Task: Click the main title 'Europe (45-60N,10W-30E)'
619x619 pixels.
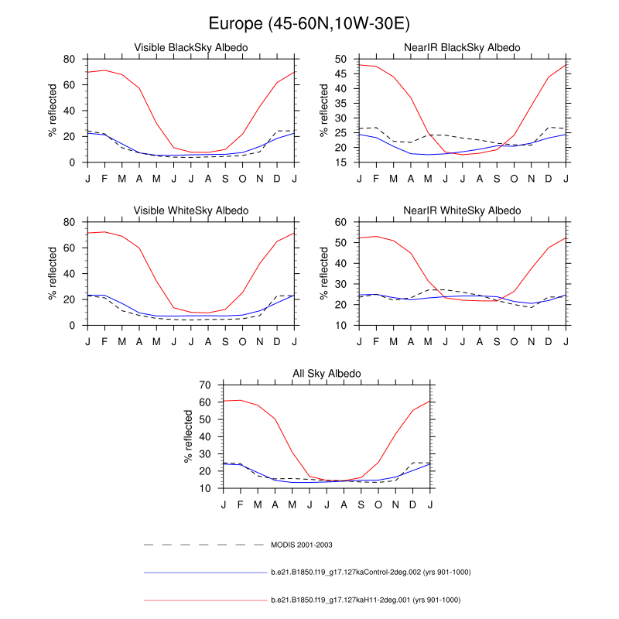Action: click(x=309, y=24)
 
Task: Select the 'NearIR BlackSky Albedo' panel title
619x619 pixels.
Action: click(x=463, y=48)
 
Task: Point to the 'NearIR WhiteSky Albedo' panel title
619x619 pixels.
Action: click(x=463, y=210)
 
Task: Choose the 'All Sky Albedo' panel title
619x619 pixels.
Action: click(x=327, y=374)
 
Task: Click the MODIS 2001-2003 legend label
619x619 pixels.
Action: click(x=302, y=545)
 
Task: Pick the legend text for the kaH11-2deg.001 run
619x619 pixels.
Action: click(x=365, y=600)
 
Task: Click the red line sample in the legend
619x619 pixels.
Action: click(x=205, y=600)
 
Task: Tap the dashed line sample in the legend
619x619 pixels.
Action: click(x=205, y=545)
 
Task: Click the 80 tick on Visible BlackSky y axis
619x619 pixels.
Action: click(x=69, y=59)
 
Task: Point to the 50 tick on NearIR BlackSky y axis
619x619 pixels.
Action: click(x=341, y=59)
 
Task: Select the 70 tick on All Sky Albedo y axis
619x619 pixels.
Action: click(x=205, y=385)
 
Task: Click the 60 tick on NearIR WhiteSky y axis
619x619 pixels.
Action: click(x=341, y=222)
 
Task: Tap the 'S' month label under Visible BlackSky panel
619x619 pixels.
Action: click(x=225, y=179)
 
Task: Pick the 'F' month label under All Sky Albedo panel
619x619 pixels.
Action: click(x=241, y=504)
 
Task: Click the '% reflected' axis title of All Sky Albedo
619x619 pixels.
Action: click(x=188, y=436)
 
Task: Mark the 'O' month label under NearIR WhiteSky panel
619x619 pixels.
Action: click(x=515, y=341)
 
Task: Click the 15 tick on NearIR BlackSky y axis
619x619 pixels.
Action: click(x=341, y=162)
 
